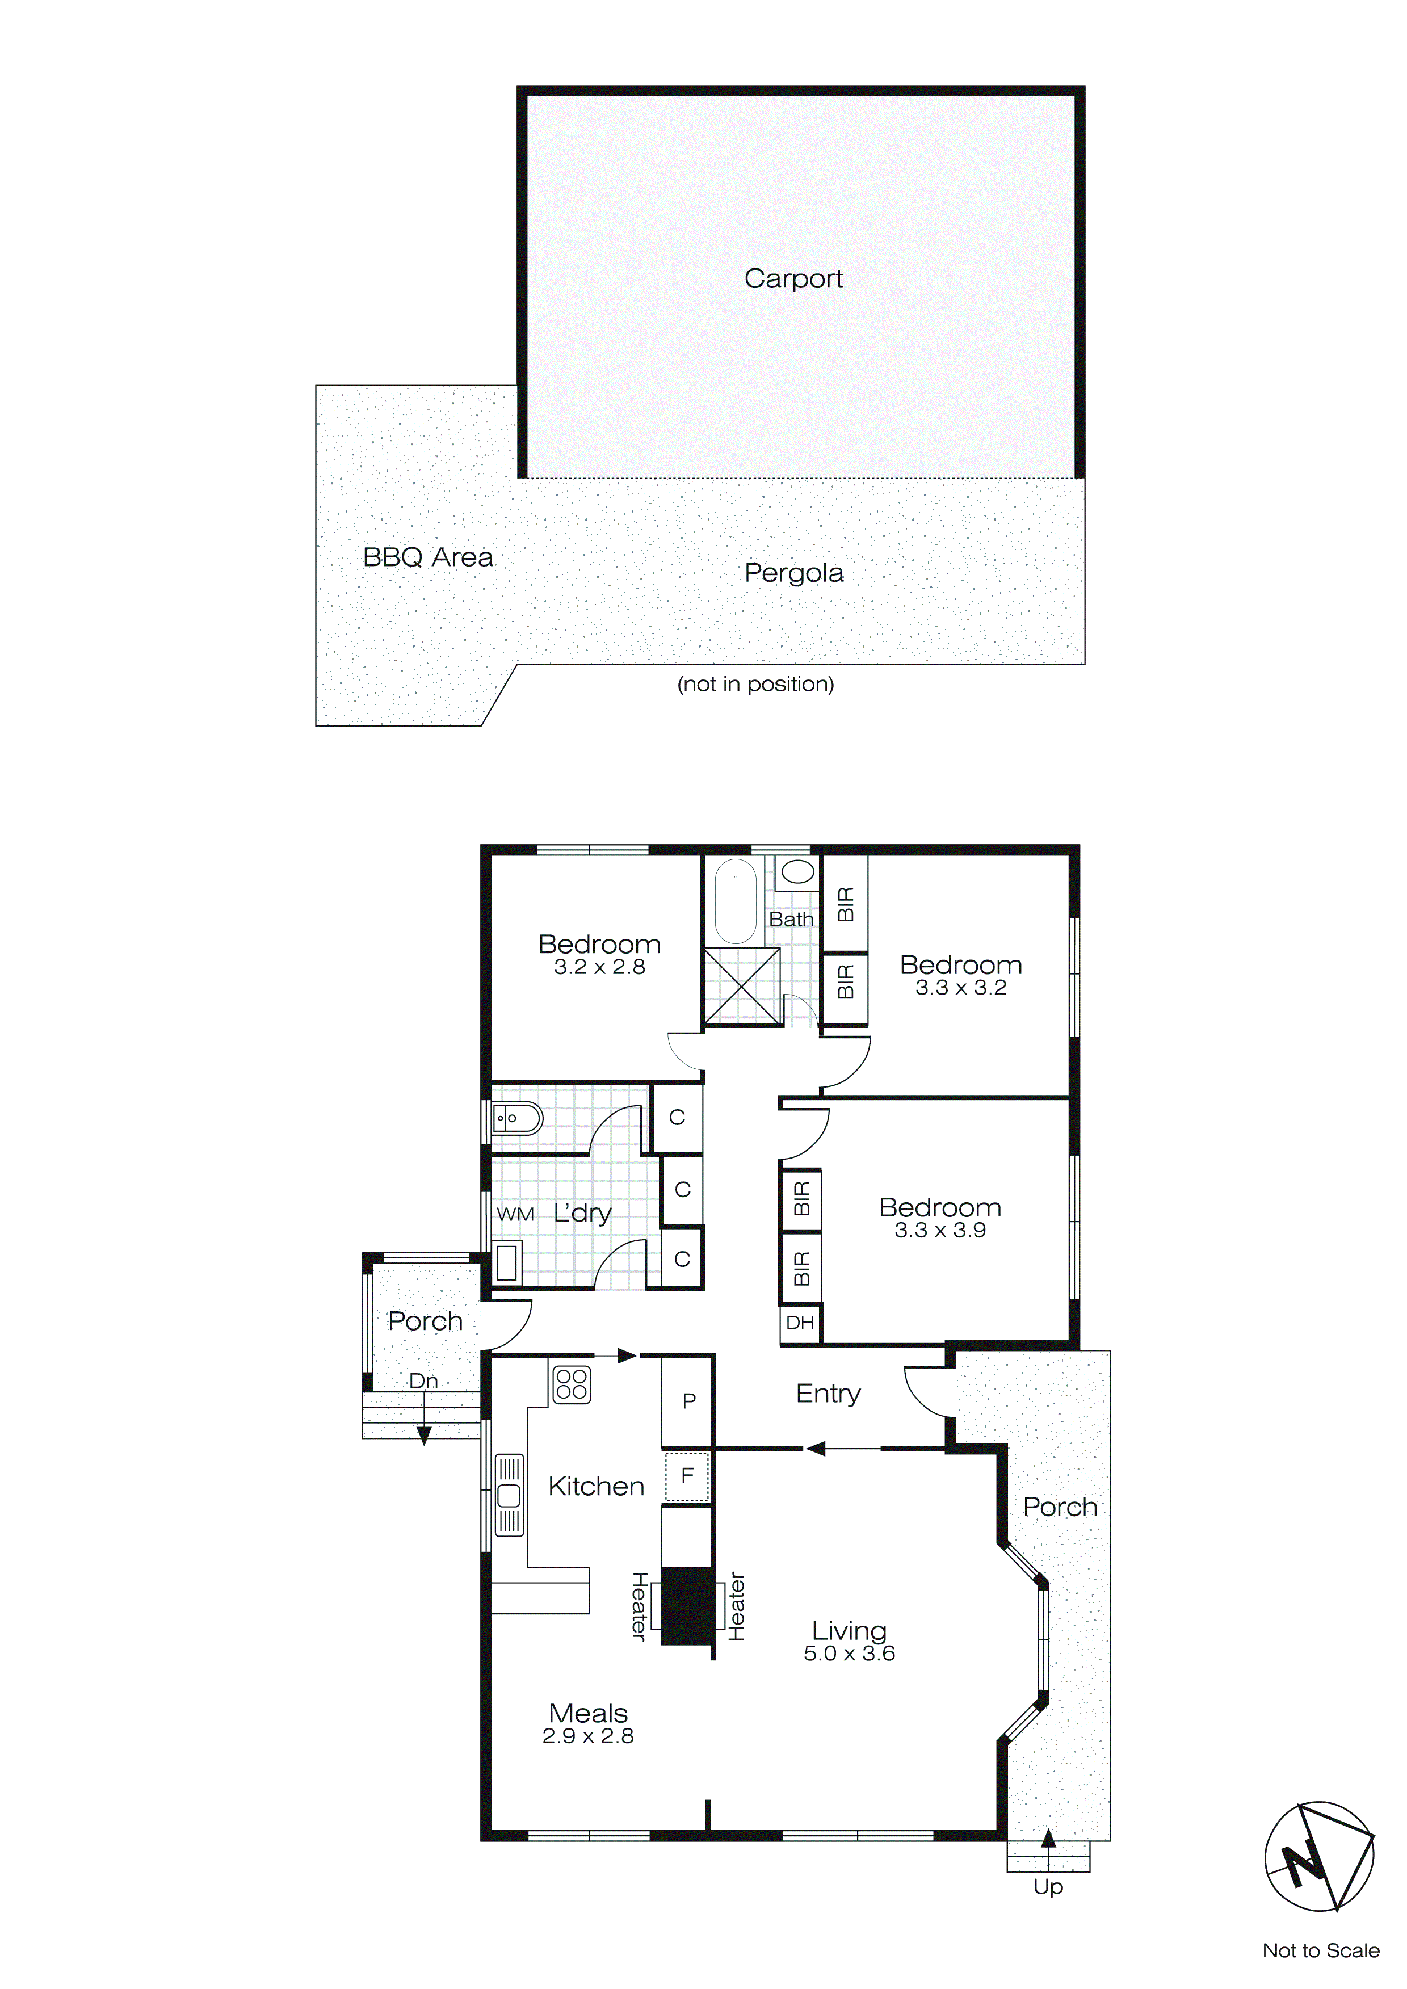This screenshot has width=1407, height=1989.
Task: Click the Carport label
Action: pos(793,278)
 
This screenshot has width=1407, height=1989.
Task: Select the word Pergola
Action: pos(793,573)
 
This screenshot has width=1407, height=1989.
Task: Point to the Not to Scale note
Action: pos(1320,1951)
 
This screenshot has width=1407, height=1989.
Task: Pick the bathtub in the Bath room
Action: pos(736,902)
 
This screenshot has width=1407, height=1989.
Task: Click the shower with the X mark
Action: pos(742,986)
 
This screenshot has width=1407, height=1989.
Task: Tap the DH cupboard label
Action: pos(800,1323)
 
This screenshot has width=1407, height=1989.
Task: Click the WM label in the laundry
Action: pos(515,1215)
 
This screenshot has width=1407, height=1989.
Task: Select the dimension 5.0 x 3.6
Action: pos(849,1654)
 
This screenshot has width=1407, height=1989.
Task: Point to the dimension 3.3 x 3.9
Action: pos(940,1231)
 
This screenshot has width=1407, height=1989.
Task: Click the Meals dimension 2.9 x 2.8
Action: pos(587,1736)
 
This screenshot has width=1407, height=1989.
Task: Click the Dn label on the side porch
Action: pos(423,1381)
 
